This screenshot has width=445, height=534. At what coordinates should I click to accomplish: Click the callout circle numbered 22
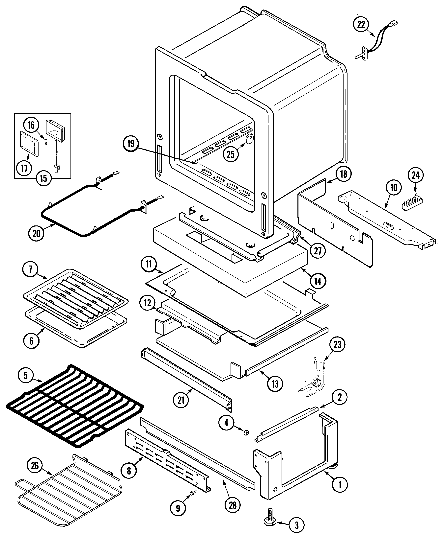pyautogui.click(x=361, y=25)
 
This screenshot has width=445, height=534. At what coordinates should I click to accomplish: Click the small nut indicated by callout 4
pyautogui.click(x=246, y=433)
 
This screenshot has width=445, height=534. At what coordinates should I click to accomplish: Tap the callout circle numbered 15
pyautogui.click(x=43, y=178)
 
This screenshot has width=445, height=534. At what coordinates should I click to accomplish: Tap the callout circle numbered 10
pyautogui.click(x=394, y=188)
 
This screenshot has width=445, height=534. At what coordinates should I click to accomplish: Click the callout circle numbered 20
pyautogui.click(x=36, y=233)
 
